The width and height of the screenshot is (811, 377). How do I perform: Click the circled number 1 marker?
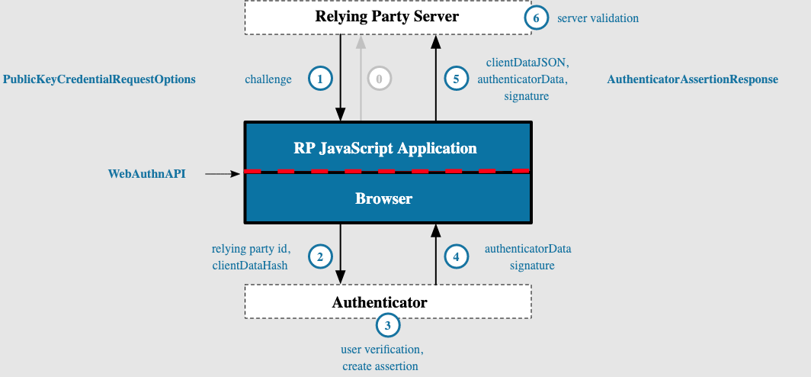[320, 78]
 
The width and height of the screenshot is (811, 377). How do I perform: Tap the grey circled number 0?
[379, 78]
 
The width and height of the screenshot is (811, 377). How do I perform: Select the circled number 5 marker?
[456, 78]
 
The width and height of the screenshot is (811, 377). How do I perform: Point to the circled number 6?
[537, 18]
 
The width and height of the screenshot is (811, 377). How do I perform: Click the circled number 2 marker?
[320, 257]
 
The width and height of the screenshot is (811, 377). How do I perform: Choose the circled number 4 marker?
[456, 257]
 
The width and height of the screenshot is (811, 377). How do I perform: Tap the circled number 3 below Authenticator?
[388, 326]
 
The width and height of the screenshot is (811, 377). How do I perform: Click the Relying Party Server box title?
[387, 16]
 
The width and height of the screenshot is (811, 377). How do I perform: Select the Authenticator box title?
[380, 302]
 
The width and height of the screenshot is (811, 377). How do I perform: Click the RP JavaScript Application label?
[386, 148]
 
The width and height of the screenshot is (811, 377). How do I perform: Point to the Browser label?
[384, 198]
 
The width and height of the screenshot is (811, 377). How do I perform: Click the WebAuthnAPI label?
[146, 174]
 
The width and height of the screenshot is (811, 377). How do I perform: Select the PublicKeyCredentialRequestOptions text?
[99, 79]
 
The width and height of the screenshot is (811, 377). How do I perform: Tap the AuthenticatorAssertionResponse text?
[693, 79]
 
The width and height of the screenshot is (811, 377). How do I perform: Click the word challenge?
[268, 79]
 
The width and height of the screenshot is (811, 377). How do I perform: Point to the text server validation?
[597, 18]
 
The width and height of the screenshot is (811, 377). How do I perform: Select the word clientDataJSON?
[527, 62]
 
